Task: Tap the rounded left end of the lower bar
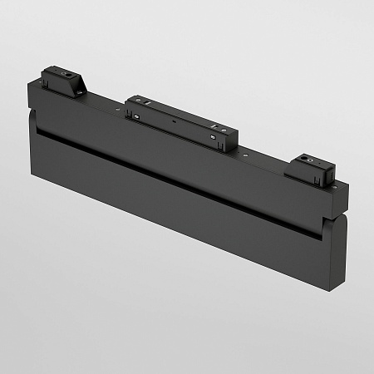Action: [32, 137]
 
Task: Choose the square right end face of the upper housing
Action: [342, 200]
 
